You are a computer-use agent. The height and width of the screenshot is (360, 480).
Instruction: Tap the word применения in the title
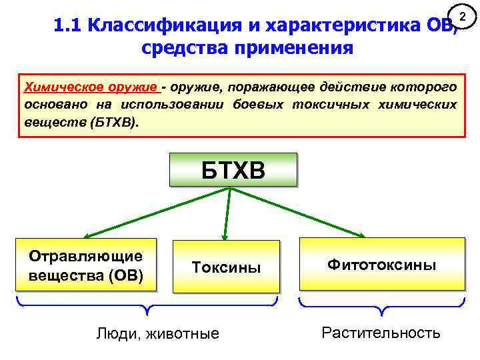[x=293, y=49]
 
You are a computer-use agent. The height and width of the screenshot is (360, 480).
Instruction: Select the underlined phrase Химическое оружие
[x=91, y=88]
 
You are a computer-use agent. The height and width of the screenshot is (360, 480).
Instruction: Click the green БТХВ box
[x=233, y=169]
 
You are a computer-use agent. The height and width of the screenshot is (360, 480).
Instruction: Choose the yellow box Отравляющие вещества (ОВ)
[x=86, y=265]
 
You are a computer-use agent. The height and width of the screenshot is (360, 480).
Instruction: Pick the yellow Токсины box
[x=226, y=267]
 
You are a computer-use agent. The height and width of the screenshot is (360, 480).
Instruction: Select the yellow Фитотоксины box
[x=381, y=265]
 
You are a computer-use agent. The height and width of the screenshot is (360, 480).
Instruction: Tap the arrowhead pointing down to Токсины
[x=225, y=236]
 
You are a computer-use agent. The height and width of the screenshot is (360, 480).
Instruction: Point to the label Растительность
[x=381, y=332]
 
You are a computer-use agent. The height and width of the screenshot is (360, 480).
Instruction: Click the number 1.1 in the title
[x=67, y=26]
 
